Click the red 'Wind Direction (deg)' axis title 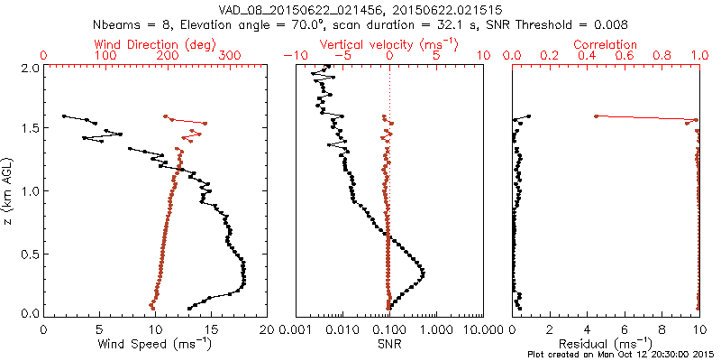[x=155, y=44]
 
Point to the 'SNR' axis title [x=389, y=344]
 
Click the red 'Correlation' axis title [x=606, y=44]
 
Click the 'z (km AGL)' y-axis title [x=10, y=190]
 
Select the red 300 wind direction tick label [x=230, y=56]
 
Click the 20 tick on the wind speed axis [x=267, y=331]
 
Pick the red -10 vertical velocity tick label [x=293, y=56]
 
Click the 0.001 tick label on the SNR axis [x=296, y=331]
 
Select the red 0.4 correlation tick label [x=588, y=56]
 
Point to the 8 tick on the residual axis [x=662, y=331]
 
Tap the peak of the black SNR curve [x=424, y=272]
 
